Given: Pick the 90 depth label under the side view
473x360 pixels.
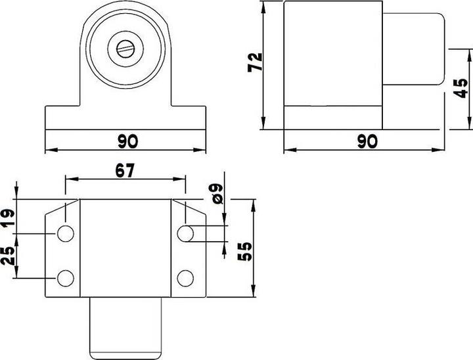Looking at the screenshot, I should pyautogui.click(x=369, y=141).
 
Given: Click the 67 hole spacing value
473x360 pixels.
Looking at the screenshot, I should pyautogui.click(x=124, y=171).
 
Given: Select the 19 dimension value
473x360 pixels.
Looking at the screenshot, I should pyautogui.click(x=8, y=217).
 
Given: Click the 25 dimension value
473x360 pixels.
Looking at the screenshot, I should pyautogui.click(x=8, y=255).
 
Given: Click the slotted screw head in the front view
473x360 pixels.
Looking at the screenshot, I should pyautogui.click(x=125, y=47).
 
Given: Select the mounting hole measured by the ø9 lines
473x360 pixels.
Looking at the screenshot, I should pyautogui.click(x=186, y=233).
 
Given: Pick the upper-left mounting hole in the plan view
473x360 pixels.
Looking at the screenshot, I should pyautogui.click(x=66, y=233).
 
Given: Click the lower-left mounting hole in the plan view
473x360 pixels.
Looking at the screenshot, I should pyautogui.click(x=66, y=278).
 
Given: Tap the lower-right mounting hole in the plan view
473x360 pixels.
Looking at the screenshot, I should pyautogui.click(x=186, y=278).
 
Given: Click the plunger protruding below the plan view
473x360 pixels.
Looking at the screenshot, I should pyautogui.click(x=125, y=326).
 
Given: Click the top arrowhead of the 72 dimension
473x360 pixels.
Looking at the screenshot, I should pyautogui.click(x=262, y=6).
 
